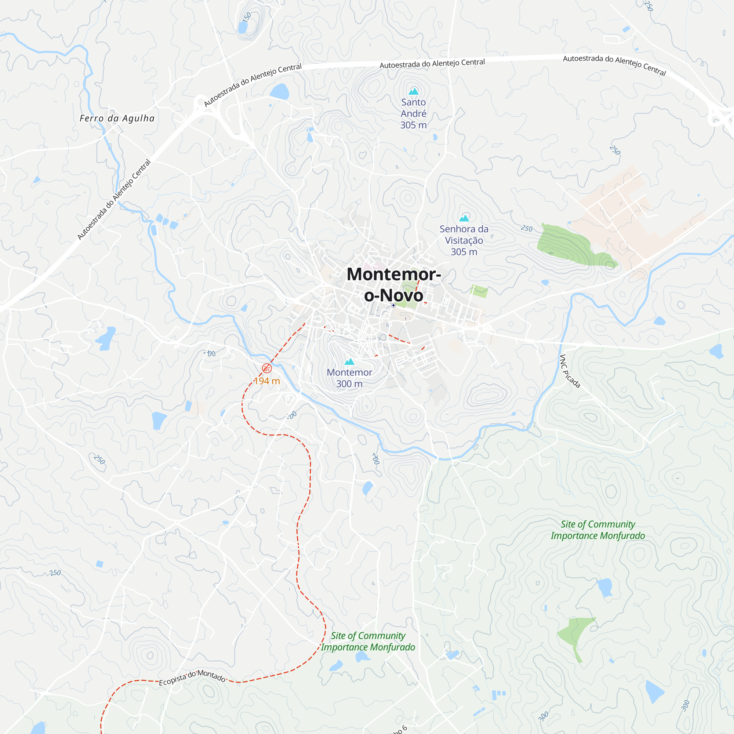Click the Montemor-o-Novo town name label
click(x=393, y=284)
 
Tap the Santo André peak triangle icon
click(x=413, y=91)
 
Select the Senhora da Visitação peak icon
click(x=464, y=218)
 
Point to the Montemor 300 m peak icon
click(x=349, y=362)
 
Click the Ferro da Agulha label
click(x=117, y=119)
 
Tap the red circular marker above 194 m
click(x=267, y=368)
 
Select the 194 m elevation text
click(x=267, y=381)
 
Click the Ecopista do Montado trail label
click(x=192, y=678)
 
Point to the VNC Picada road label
click(x=570, y=371)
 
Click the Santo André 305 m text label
click(x=413, y=114)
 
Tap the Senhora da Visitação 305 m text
click(x=464, y=240)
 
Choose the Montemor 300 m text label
click(x=349, y=378)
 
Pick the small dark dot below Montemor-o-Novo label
click(x=393, y=305)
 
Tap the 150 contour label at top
click(x=247, y=17)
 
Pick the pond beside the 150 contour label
click(x=242, y=28)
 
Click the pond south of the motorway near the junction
click(x=280, y=91)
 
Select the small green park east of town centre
click(x=479, y=291)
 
